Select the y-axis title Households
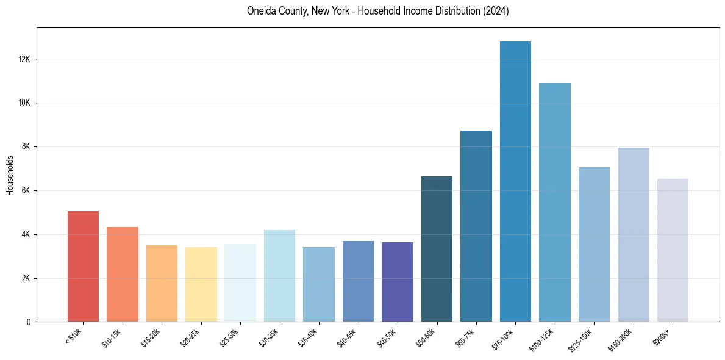click(x=10, y=175)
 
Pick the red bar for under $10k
click(x=83, y=267)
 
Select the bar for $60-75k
click(x=476, y=226)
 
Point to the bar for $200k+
click(x=673, y=250)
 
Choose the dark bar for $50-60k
click(x=437, y=249)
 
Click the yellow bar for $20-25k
click(x=201, y=284)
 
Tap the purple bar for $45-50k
click(x=398, y=282)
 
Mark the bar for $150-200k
click(x=634, y=235)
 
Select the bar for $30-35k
click(x=279, y=276)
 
